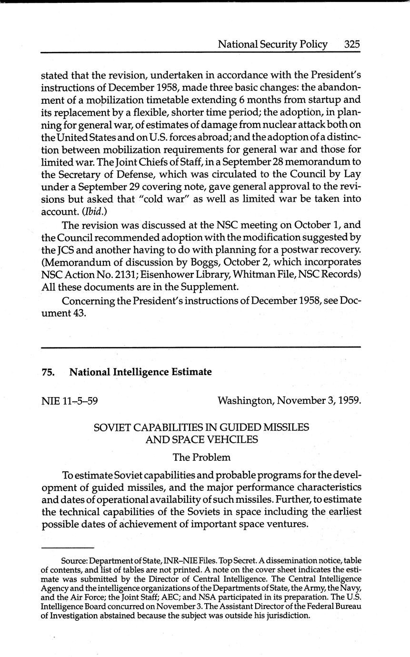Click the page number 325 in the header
351,44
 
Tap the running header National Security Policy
272,44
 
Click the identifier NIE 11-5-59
70,400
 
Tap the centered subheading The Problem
201,457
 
